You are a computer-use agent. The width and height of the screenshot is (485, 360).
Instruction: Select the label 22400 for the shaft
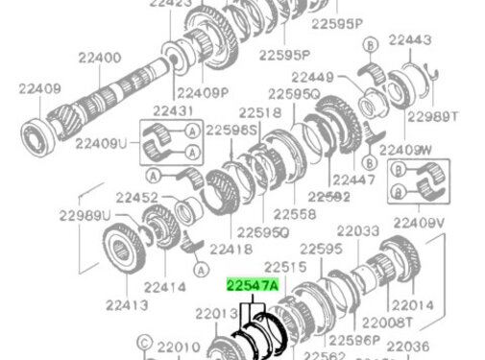click(94, 59)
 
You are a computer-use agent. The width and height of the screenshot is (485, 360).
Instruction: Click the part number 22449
click(313, 77)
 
